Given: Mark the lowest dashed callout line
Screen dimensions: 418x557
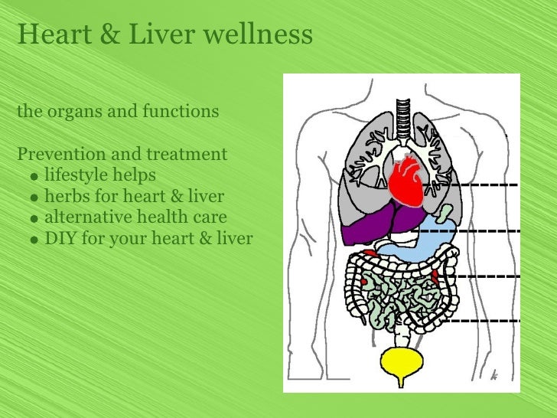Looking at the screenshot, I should click(x=479, y=320).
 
